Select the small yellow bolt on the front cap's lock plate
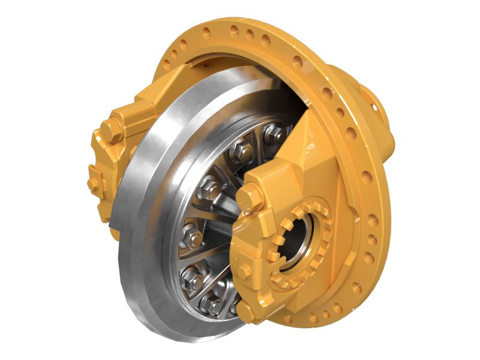244,270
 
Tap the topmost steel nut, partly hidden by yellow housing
277,133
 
